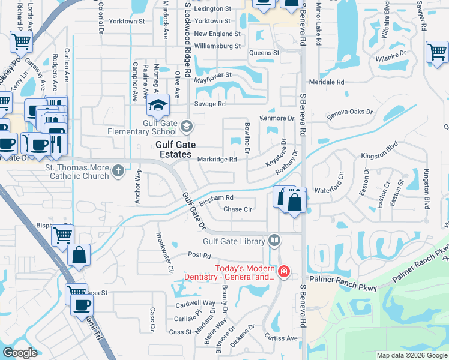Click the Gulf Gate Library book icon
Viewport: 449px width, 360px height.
[x=274, y=241]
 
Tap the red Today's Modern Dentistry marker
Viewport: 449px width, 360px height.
[x=283, y=272]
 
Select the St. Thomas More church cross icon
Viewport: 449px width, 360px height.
[x=118, y=171]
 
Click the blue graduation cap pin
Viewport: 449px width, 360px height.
[x=158, y=106]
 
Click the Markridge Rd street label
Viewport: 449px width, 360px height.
[x=217, y=159]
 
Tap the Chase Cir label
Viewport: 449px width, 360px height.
[x=237, y=209]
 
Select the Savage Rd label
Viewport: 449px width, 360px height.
[x=213, y=104]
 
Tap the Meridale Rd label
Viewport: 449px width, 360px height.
[x=327, y=82]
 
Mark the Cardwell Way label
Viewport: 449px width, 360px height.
[x=196, y=304]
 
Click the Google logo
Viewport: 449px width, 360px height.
[x=20, y=353]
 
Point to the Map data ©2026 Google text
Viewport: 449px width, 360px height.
[x=411, y=355]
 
